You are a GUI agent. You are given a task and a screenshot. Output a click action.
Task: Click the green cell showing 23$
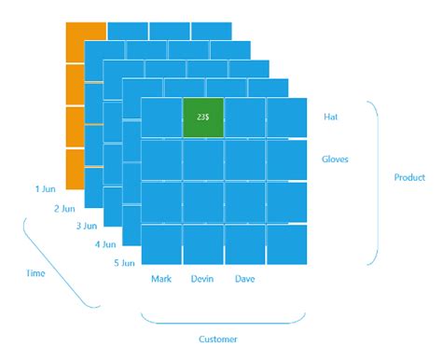tap(202, 117)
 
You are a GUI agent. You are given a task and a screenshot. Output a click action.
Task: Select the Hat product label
tap(330, 117)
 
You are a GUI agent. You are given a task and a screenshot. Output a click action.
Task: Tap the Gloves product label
tap(335, 159)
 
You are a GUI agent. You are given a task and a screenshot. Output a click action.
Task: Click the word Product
tap(409, 177)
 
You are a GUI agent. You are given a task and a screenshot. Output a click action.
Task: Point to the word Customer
tap(218, 339)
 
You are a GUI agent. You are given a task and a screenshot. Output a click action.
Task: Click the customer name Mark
tap(160, 279)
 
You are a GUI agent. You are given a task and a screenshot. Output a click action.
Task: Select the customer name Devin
tap(202, 279)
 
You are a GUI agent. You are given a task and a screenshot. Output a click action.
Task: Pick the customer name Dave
tap(245, 279)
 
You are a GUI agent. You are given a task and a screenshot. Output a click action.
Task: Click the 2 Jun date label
tap(64, 208)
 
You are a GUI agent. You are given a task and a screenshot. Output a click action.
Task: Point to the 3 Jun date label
tap(86, 226)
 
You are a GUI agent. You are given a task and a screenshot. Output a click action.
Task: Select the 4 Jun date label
tap(104, 244)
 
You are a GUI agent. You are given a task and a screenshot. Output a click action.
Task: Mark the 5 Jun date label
tap(124, 263)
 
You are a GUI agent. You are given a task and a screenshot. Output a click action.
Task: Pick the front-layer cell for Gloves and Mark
tap(160, 159)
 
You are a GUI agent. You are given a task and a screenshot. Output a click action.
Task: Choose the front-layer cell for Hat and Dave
tap(245, 117)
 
